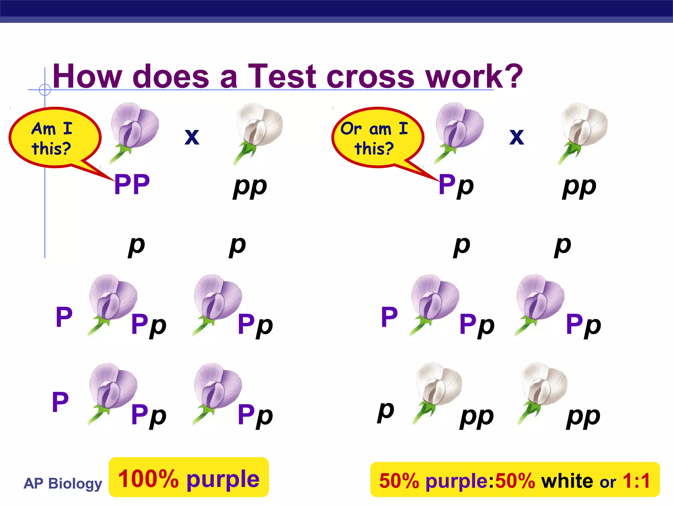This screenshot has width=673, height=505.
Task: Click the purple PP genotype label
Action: [x=132, y=185]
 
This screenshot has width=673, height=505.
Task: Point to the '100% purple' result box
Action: [x=189, y=478]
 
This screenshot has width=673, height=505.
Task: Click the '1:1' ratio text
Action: [x=636, y=481]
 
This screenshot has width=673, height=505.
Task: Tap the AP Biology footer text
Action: [x=63, y=483]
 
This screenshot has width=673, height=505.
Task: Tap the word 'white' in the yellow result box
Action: [x=567, y=481]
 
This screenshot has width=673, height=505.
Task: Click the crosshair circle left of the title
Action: [x=45, y=89]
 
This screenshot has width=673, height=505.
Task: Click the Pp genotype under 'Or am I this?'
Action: [x=456, y=185]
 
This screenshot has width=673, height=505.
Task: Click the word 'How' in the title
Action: [x=87, y=76]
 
